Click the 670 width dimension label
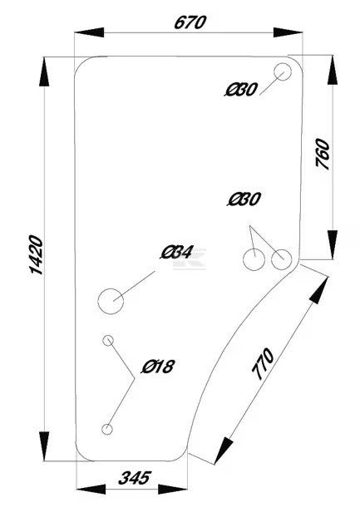coord(190,22)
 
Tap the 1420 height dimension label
coord(37,254)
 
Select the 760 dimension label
coord(323,154)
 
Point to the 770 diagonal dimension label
coord(263,364)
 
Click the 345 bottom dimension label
coord(135,478)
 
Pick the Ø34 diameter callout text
coord(176,253)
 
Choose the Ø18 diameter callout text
coord(158,367)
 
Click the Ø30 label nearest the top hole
coord(240,90)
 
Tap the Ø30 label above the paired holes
coord(244,199)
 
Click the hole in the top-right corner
coord(283,71)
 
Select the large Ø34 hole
coord(111,301)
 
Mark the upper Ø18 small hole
coord(108,340)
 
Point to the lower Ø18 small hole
coord(107,429)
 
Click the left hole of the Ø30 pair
coord(254,260)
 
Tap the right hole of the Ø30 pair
coord(282,259)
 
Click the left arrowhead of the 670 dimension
coord(89,32)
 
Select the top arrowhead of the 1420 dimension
coord(44,71)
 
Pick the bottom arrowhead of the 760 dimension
coord(333,244)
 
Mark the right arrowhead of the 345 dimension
coord(173,489)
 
